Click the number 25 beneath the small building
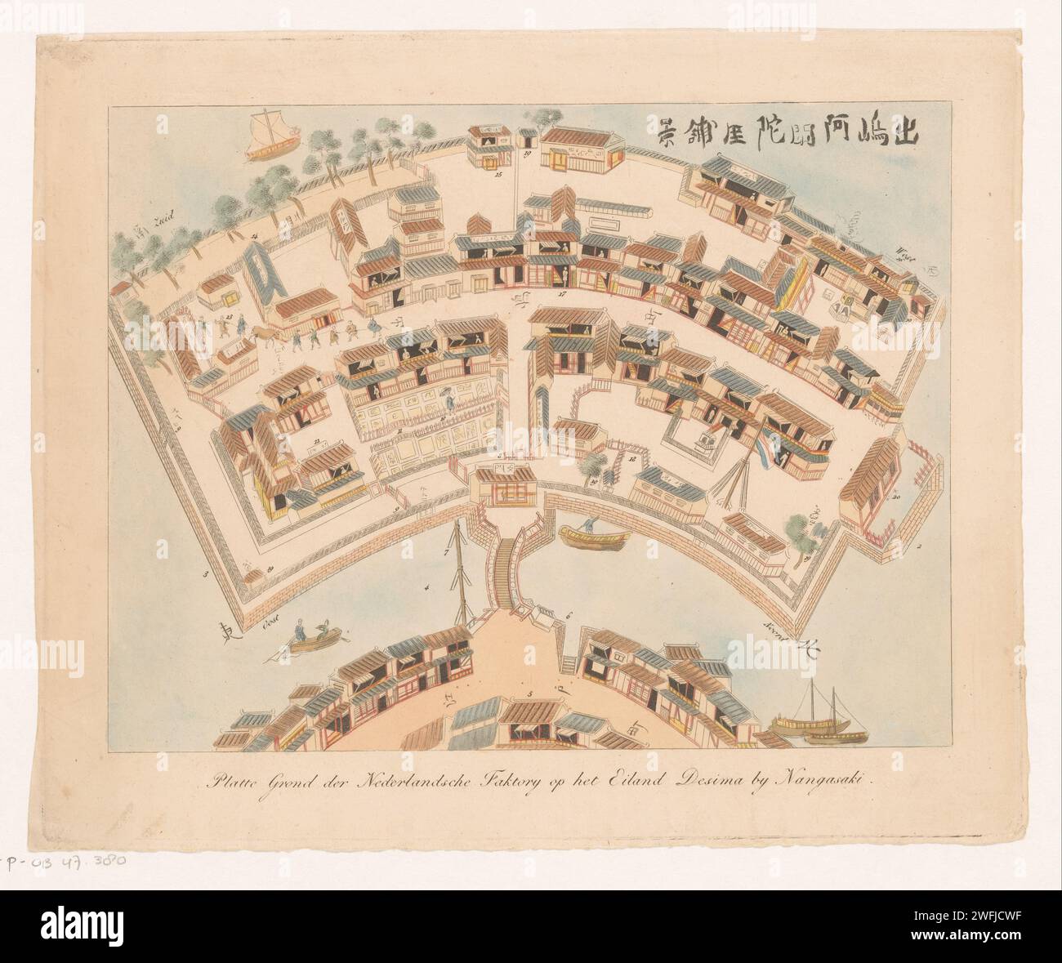tap(497, 175)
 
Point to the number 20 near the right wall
tap(896, 497)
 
